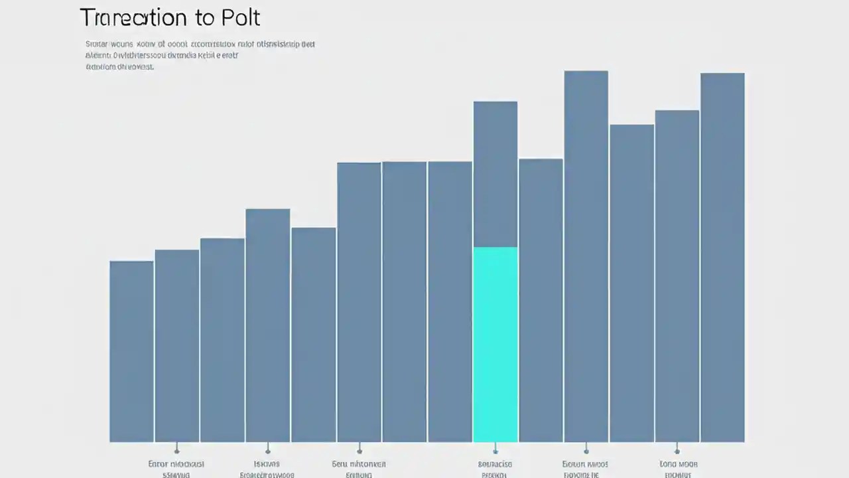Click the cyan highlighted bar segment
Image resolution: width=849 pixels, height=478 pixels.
[x=495, y=344]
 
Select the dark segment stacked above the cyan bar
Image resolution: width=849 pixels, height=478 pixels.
[x=495, y=174]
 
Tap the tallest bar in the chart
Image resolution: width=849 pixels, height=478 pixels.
[x=586, y=256]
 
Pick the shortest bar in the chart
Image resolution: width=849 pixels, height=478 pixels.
[x=131, y=351]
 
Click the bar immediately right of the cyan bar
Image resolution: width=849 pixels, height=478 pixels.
[x=541, y=300]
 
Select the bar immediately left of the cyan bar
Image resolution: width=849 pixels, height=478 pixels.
[x=450, y=301]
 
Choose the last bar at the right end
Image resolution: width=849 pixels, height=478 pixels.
[x=722, y=258]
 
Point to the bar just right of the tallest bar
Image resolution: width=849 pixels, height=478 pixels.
[x=631, y=283]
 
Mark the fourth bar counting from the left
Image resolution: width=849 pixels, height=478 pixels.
[x=267, y=325]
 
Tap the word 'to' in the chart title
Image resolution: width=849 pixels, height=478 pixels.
[x=202, y=18]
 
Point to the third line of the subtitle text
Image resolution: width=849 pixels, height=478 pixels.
[x=119, y=67]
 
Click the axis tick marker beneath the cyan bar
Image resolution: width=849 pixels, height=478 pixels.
[x=495, y=451]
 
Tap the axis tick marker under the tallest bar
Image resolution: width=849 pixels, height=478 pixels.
[x=586, y=451]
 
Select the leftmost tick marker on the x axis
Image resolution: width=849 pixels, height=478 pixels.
[x=176, y=451]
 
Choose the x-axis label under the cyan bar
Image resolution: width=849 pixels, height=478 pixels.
[x=495, y=469]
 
